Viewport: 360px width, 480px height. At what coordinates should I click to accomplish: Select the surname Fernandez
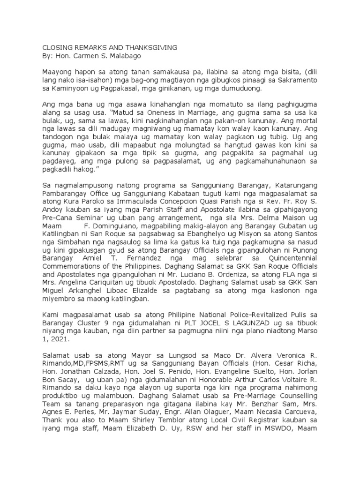pyautogui.click(x=155, y=269)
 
